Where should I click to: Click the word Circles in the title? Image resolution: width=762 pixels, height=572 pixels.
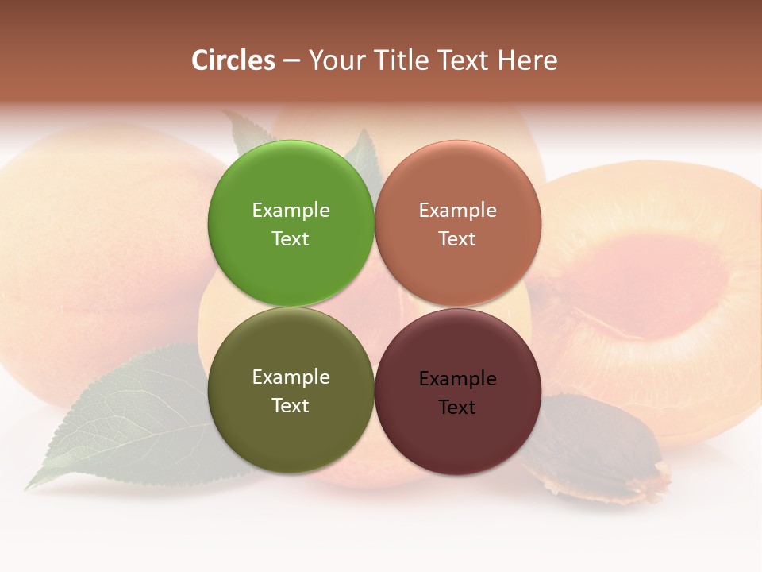233,60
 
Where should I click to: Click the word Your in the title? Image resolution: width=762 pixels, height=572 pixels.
334,60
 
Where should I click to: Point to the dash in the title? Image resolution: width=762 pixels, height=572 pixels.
291,61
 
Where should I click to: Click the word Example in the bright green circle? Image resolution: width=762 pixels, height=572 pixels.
291,211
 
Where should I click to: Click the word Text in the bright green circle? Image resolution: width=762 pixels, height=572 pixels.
291,239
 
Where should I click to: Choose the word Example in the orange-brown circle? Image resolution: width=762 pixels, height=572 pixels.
457,211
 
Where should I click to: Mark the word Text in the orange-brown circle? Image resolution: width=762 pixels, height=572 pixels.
457,239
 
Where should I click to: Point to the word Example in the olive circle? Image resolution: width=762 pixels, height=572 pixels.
291,377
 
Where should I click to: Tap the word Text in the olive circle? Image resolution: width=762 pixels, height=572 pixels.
291,406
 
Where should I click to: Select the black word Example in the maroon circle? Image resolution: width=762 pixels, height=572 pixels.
457,379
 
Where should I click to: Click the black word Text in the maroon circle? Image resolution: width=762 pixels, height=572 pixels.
457,408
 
